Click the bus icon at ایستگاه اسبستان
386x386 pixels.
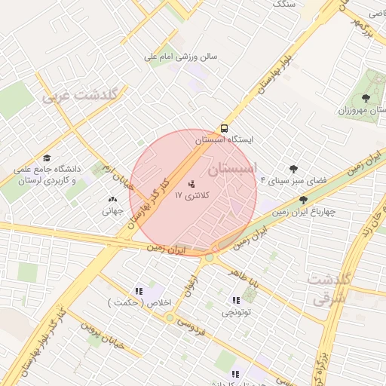click(224, 128)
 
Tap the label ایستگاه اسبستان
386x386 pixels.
click(225, 140)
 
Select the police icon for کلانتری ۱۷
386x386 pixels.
click(191, 183)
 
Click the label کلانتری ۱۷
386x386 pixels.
click(192, 195)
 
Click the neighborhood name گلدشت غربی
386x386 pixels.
click(81, 96)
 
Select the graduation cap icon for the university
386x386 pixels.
click(47, 158)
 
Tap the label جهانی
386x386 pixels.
click(112, 211)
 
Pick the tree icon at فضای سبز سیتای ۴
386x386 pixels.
click(293, 170)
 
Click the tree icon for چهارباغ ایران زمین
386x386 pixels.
click(303, 200)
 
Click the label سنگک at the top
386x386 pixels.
click(283, 4)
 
